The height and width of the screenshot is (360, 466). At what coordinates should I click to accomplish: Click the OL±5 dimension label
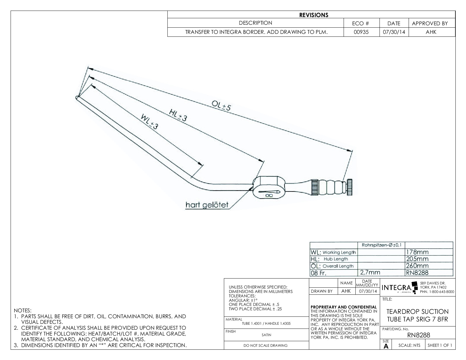click(221, 106)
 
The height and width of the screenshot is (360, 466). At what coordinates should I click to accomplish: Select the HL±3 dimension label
click(178, 115)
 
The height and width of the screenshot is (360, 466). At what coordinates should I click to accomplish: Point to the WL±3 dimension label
click(149, 122)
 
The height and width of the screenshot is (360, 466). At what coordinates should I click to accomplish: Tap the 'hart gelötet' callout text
click(207, 205)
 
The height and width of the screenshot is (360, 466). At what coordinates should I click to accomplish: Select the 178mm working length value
click(417, 252)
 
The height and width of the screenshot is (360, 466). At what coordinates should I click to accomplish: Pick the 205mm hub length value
click(417, 259)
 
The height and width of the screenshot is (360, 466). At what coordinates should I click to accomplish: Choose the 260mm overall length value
click(417, 266)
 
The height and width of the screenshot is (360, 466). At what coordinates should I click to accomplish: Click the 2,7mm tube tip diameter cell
click(370, 273)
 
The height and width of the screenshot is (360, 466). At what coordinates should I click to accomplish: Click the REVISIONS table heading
click(314, 15)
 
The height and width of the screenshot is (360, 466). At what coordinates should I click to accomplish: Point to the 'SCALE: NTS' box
click(409, 345)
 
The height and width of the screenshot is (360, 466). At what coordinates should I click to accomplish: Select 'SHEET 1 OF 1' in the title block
click(440, 345)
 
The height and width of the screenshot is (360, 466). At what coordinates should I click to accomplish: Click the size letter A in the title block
click(386, 346)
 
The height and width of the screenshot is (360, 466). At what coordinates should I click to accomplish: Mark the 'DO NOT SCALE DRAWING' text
click(265, 346)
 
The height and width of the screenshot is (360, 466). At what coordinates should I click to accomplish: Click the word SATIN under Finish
click(266, 335)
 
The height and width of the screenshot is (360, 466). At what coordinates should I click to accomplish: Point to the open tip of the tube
click(77, 98)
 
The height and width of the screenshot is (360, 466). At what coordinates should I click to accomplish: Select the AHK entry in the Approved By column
click(431, 32)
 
